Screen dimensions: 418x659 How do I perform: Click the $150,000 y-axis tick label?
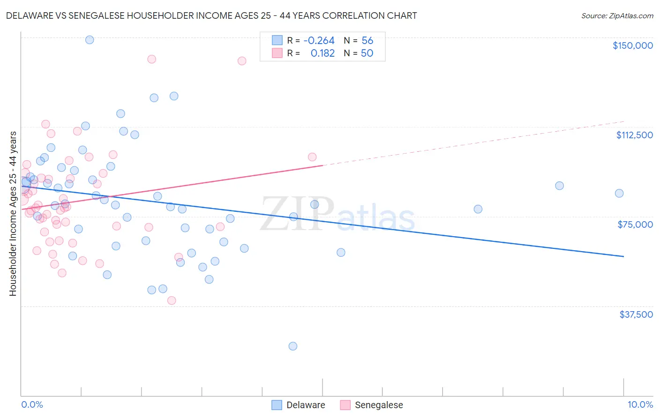click(x=632, y=45)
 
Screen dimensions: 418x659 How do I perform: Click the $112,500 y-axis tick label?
click(x=634, y=135)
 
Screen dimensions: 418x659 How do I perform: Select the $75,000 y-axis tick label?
click(x=635, y=224)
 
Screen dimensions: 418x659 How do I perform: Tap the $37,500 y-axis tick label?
click(x=636, y=314)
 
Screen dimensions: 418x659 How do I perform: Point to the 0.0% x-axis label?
click(x=32, y=404)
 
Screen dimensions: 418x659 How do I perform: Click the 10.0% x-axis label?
click(x=640, y=404)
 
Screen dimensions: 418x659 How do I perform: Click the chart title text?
click(x=211, y=15)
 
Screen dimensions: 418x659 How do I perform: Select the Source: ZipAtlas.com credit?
click(x=617, y=15)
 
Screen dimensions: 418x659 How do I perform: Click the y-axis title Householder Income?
click(x=13, y=214)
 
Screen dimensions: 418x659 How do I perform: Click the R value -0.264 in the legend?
click(x=319, y=41)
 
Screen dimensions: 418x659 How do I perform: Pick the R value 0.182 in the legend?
click(x=322, y=53)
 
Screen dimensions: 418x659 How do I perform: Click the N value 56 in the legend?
click(x=367, y=41)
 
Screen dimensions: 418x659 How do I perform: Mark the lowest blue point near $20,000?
click(x=293, y=346)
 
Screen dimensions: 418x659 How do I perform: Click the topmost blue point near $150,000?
click(x=90, y=40)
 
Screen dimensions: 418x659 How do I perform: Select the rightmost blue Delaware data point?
click(x=619, y=194)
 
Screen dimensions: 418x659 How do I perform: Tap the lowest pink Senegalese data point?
click(x=172, y=301)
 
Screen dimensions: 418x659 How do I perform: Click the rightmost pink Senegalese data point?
click(x=312, y=157)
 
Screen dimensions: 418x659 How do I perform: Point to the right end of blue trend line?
click(x=623, y=256)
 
